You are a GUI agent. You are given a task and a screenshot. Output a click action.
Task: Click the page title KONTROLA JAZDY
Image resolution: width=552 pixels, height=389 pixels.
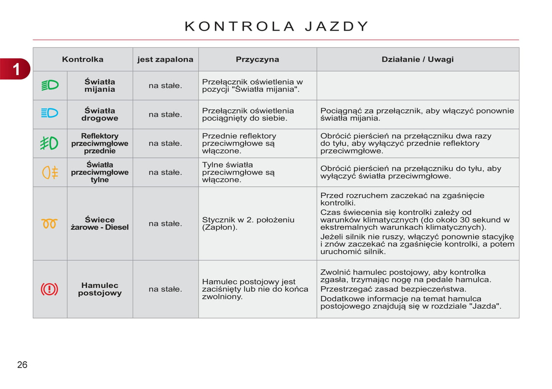click(x=276, y=26)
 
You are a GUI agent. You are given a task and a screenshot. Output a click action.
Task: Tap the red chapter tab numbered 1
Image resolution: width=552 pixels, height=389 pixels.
click(x=16, y=69)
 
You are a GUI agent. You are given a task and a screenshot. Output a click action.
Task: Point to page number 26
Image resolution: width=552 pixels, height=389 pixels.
click(x=22, y=365)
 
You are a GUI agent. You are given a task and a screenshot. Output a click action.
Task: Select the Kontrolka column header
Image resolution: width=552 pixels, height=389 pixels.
click(x=83, y=59)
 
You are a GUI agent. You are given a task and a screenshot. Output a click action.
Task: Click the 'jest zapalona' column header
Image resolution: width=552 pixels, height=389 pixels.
click(x=165, y=59)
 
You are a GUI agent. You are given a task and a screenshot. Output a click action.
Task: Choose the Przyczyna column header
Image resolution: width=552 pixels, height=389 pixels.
click(x=257, y=59)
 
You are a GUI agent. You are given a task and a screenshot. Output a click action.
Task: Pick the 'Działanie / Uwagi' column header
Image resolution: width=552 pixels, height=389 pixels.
click(x=418, y=59)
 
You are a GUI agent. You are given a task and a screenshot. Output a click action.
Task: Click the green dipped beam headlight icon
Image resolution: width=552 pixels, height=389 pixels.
click(x=50, y=85)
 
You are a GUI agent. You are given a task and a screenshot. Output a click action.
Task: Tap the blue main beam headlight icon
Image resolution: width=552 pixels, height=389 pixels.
click(x=50, y=113)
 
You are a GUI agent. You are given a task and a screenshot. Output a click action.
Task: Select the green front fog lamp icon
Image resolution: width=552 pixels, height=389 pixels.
click(x=49, y=143)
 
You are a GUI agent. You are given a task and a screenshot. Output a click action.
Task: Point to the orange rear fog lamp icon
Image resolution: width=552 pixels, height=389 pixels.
click(x=50, y=172)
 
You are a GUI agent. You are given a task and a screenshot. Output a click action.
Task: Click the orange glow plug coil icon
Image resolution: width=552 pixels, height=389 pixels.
click(x=49, y=224)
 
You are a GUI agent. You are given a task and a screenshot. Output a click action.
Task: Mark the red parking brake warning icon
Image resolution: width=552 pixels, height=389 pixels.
click(x=49, y=289)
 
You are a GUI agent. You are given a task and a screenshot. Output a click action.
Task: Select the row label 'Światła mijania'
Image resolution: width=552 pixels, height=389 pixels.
click(x=100, y=86)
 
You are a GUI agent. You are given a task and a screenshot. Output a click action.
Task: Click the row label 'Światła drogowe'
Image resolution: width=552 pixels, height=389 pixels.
click(x=100, y=115)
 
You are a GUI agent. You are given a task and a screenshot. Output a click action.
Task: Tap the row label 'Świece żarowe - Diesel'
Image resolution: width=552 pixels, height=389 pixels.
click(x=100, y=223)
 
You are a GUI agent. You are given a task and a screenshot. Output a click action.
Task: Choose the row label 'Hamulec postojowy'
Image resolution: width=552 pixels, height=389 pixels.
click(x=100, y=289)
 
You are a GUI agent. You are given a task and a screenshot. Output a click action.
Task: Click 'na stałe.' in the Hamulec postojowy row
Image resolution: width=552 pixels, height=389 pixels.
click(x=165, y=289)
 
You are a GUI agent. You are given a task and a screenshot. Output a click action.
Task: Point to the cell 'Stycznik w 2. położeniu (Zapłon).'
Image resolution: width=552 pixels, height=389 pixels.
click(x=248, y=223)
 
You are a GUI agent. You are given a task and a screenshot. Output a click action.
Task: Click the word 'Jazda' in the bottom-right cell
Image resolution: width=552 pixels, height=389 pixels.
click(x=484, y=306)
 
